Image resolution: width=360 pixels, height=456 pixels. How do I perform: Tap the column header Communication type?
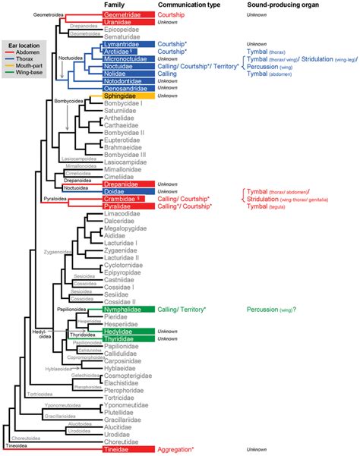(x=190, y=5)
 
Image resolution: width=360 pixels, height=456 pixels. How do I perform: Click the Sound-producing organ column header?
(x=282, y=5)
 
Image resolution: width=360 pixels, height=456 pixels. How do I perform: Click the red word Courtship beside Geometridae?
(x=174, y=14)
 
